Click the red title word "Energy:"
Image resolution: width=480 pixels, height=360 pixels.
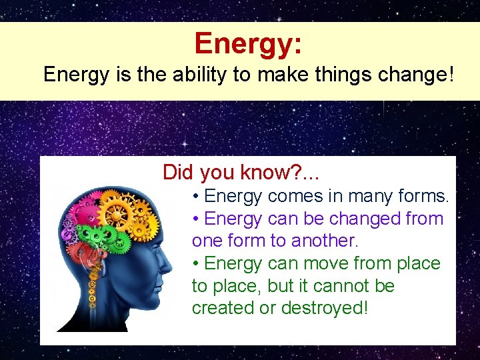[248, 44]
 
